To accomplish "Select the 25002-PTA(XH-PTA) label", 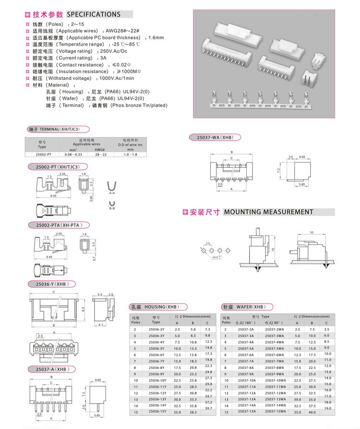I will click(62, 225).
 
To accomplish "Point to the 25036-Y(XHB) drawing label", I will click(50, 284).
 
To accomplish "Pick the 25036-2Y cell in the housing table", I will click(156, 329).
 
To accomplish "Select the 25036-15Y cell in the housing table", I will click(157, 411).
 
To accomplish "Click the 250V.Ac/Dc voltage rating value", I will click(113, 51).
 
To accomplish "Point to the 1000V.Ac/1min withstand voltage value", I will click(117, 78).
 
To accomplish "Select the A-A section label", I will click(112, 193).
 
